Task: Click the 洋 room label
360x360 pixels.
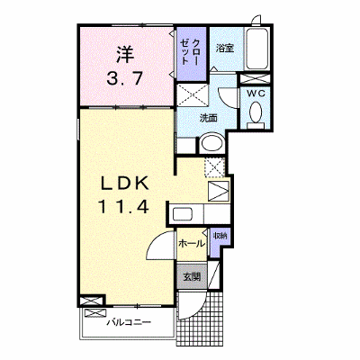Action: tap(125, 54)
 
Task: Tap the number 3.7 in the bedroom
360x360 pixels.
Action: tap(125, 79)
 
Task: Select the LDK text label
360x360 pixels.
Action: tap(124, 184)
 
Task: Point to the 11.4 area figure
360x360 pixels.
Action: tap(123, 207)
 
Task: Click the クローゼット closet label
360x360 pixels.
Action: tap(190, 51)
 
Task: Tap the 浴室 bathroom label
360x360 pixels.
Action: tap(225, 48)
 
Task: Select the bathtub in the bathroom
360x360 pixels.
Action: tap(256, 49)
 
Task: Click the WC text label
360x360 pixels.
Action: tap(256, 94)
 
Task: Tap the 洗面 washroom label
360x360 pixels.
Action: tap(208, 118)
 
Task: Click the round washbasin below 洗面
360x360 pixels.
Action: tap(212, 144)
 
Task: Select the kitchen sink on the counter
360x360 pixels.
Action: tap(183, 214)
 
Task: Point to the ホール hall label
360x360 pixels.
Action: tap(191, 244)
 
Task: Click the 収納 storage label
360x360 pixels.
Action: tap(220, 236)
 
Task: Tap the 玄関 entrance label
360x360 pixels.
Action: tap(191, 276)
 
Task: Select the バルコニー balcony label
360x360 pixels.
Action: tap(129, 323)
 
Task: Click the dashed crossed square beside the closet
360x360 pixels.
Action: tap(193, 95)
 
